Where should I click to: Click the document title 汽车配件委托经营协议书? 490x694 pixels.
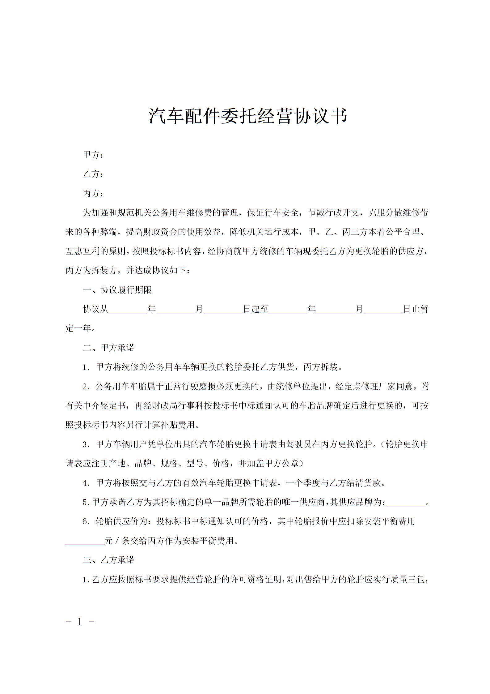tap(248, 116)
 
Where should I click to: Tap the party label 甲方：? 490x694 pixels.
tap(93, 155)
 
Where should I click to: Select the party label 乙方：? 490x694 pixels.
tap(93, 174)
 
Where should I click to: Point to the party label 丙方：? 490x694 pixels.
tap(93, 194)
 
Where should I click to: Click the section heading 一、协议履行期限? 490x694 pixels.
tap(117, 290)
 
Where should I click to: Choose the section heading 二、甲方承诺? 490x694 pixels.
tap(109, 348)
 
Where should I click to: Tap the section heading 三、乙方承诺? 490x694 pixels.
tap(109, 560)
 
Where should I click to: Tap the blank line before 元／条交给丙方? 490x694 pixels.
tap(85, 541)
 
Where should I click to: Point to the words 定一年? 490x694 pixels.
tap(78, 328)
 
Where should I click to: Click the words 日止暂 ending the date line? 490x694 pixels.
tap(416, 309)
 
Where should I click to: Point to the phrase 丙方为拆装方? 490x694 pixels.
tap(91, 271)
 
